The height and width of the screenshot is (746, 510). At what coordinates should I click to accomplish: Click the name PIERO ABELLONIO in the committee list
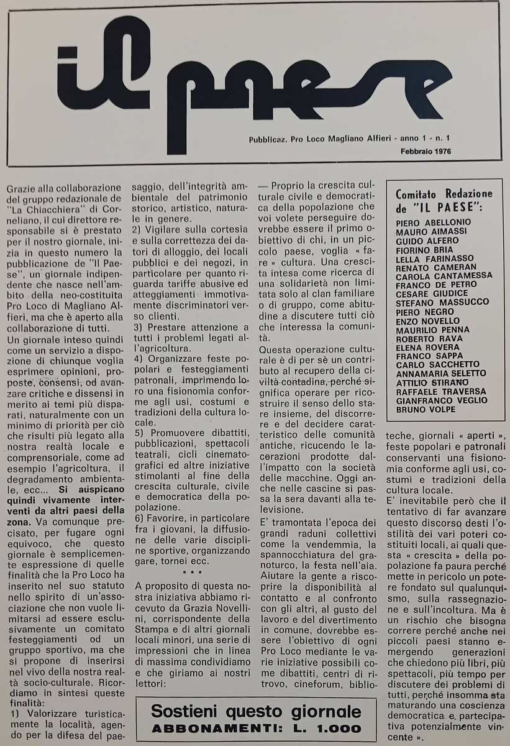433,222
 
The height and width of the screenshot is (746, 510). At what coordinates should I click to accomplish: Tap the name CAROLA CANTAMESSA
443,275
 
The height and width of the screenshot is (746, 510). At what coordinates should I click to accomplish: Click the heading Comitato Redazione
444,193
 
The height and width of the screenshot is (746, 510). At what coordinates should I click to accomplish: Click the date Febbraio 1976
426,151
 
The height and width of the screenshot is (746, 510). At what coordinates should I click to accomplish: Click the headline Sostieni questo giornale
255,712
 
